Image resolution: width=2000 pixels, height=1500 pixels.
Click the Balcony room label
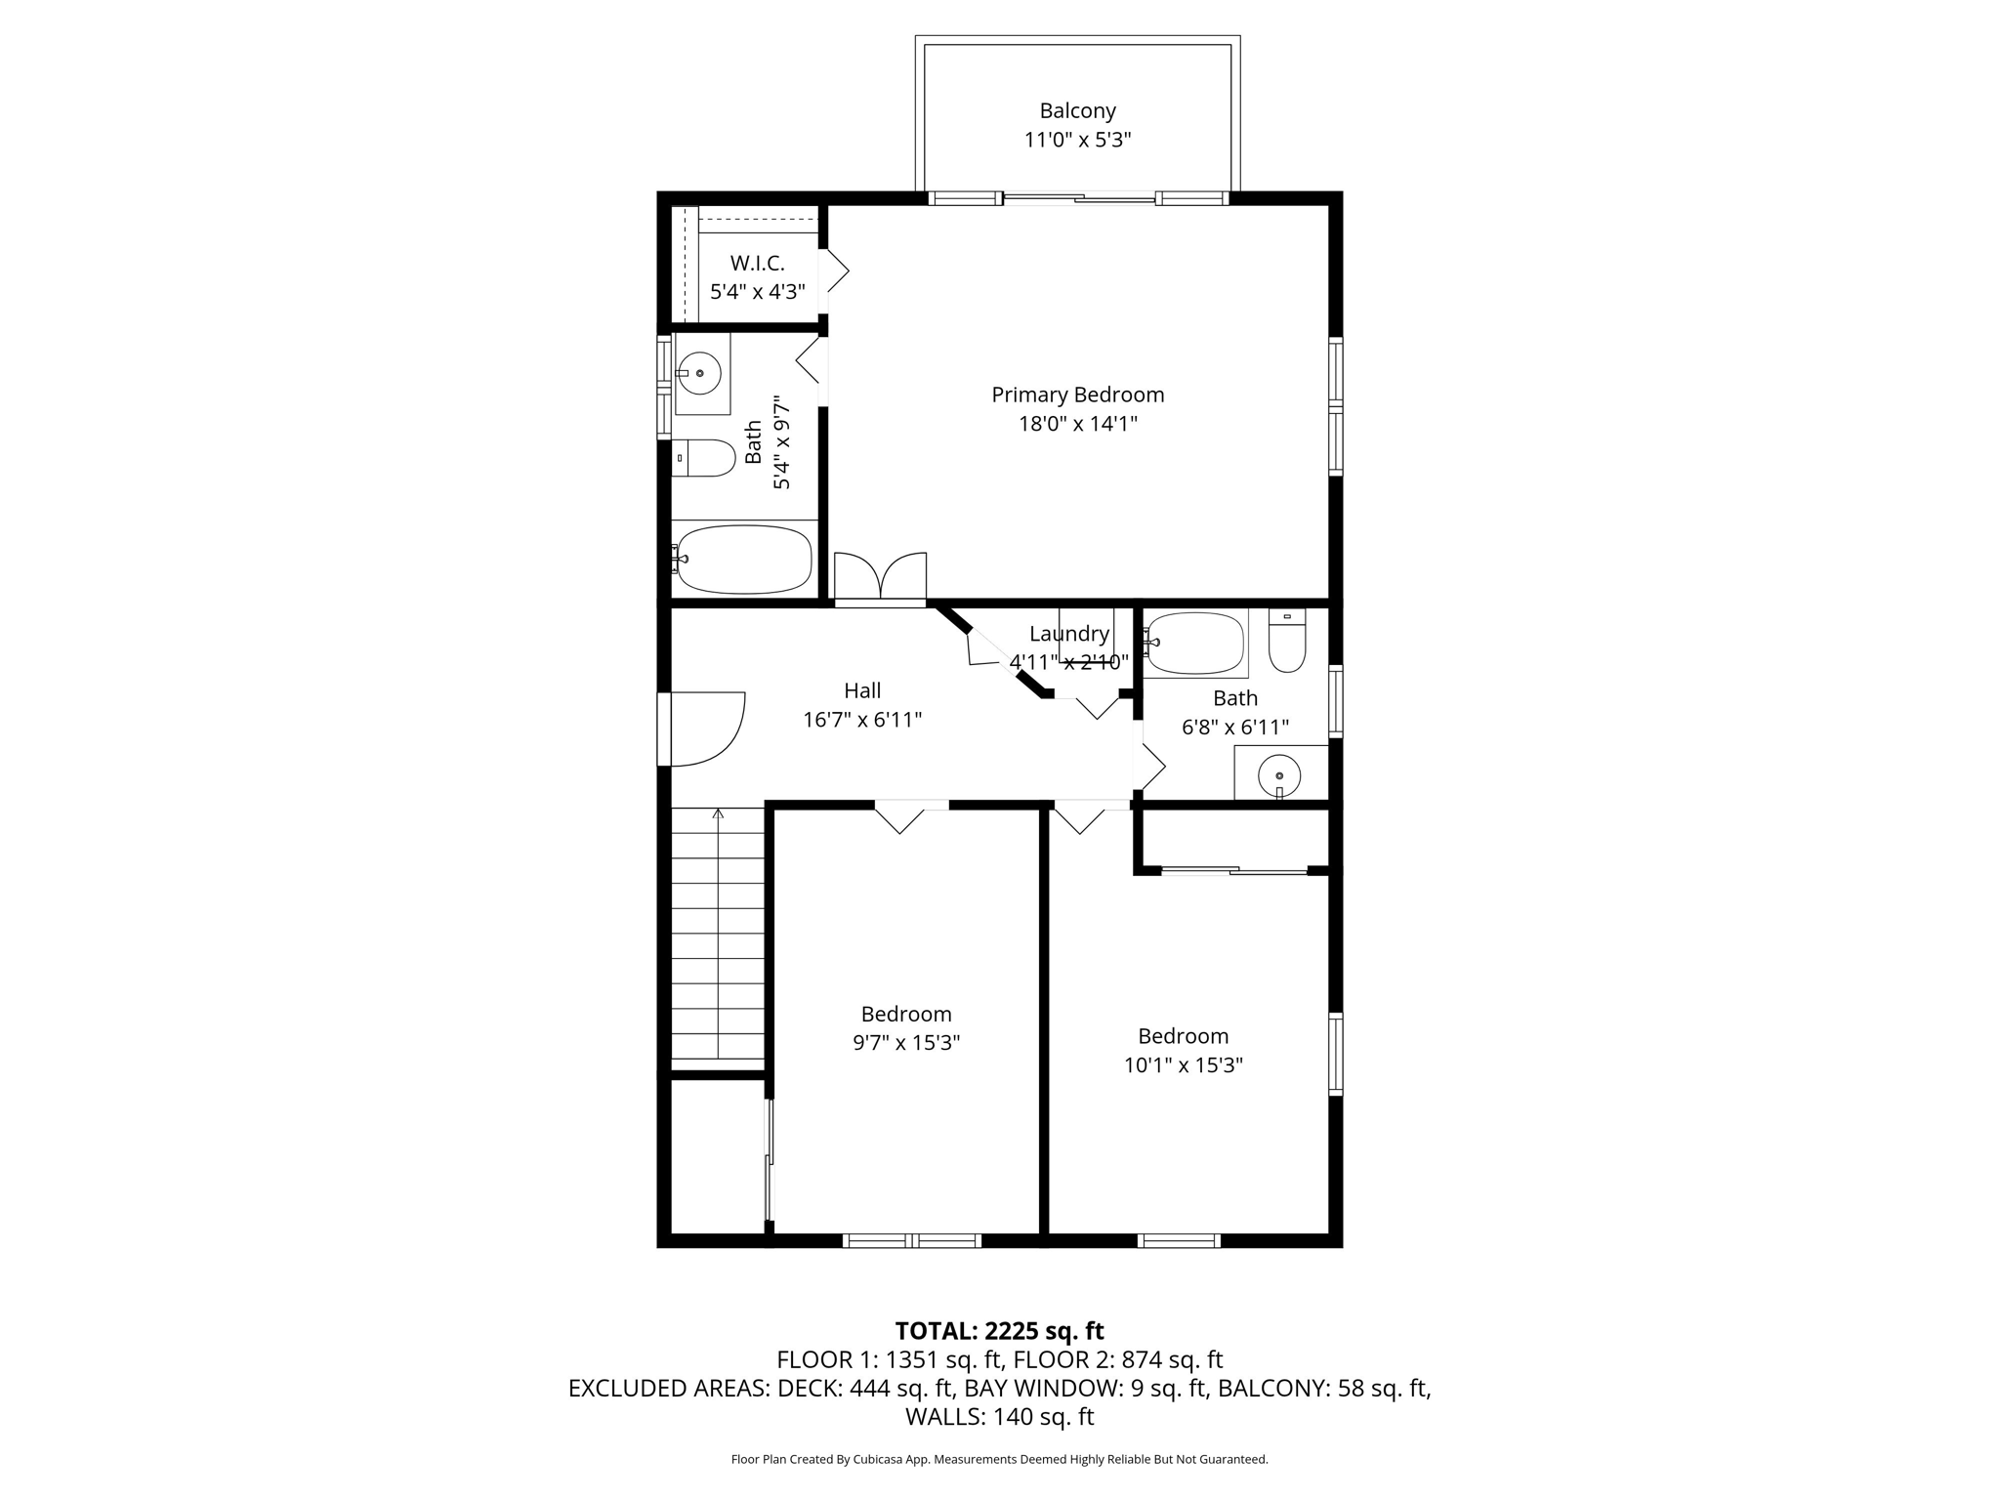(x=1077, y=111)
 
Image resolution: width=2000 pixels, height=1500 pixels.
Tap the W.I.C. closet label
(x=758, y=264)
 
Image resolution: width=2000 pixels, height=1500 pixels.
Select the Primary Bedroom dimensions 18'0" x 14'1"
(x=1078, y=424)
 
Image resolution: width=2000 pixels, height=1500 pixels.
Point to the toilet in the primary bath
(x=704, y=458)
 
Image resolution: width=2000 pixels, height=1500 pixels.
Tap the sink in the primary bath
(x=700, y=373)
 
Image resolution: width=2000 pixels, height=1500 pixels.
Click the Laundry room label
(x=1069, y=634)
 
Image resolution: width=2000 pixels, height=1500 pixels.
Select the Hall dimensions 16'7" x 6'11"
(x=862, y=721)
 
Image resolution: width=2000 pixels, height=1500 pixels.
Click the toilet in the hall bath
(x=1287, y=641)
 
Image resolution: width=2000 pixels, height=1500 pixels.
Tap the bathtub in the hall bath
(x=1195, y=644)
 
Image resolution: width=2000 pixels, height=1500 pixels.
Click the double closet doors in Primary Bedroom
(x=880, y=576)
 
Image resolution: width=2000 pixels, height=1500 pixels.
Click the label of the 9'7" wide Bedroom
(x=906, y=1015)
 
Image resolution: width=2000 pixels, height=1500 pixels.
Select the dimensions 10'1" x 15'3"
(x=1183, y=1065)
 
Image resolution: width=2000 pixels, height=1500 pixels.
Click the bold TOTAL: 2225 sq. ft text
(x=999, y=1331)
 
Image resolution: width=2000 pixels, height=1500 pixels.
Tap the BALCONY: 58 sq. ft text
(x=1325, y=1389)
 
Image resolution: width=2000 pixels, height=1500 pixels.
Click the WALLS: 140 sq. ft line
(x=999, y=1417)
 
